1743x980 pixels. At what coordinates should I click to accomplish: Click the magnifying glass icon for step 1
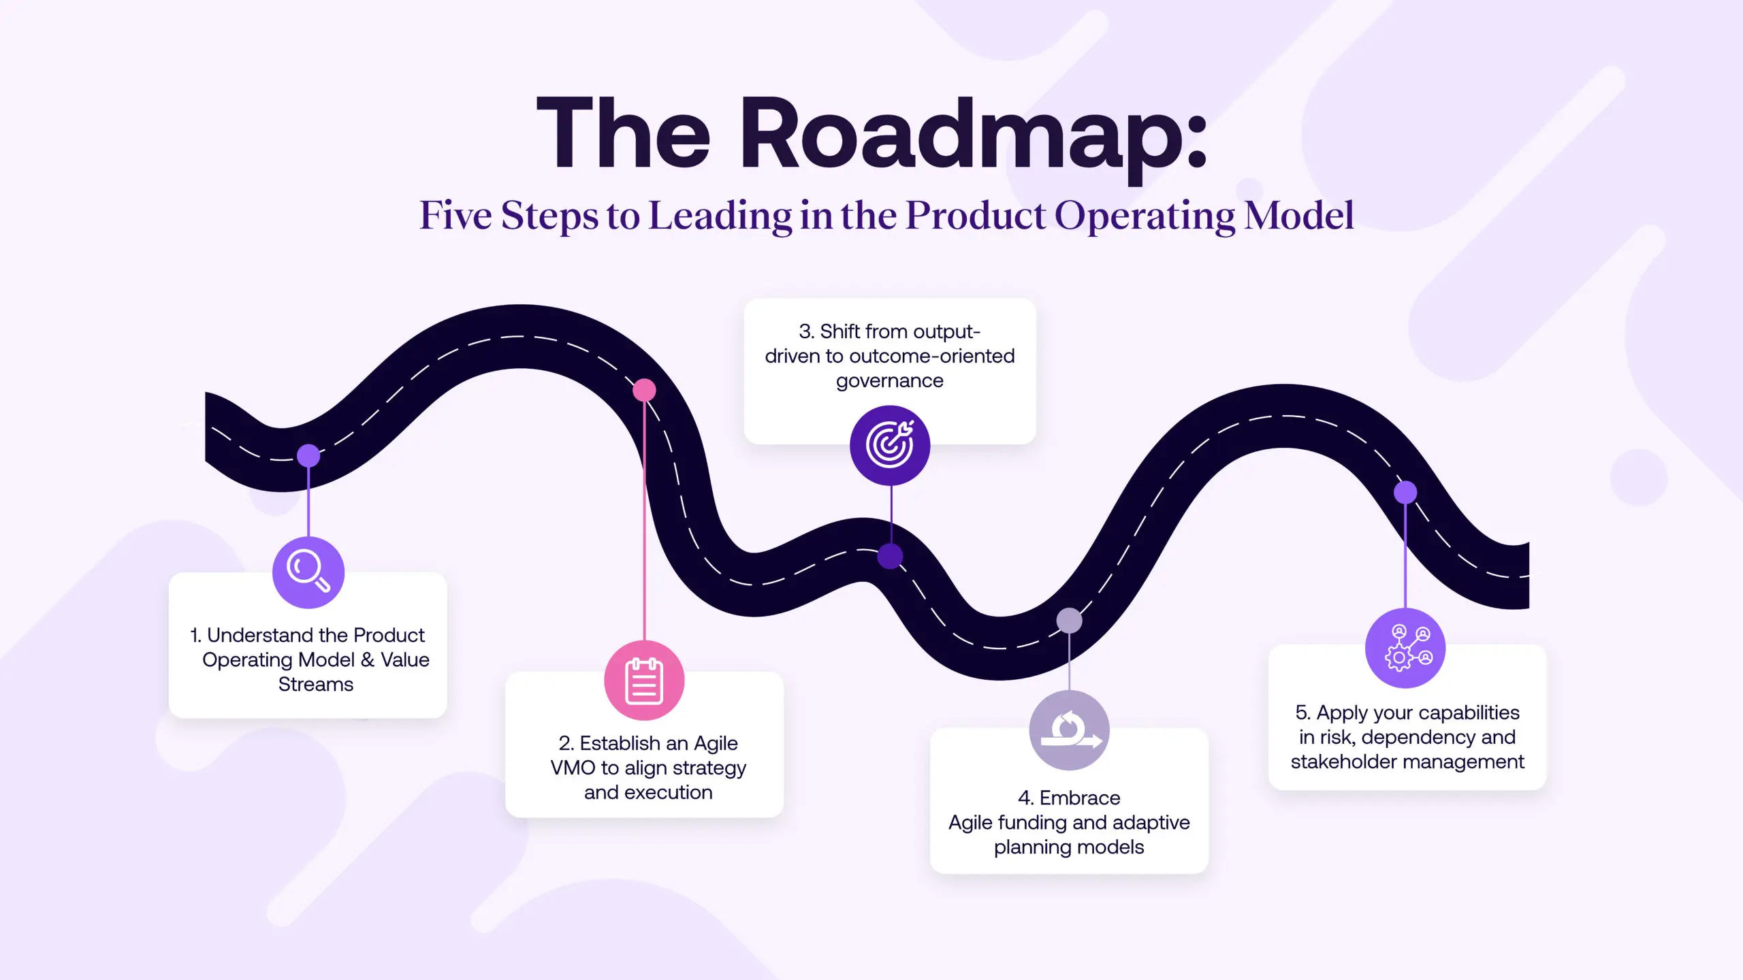pyautogui.click(x=308, y=572)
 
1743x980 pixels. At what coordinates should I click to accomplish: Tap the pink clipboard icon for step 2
pyautogui.click(x=644, y=681)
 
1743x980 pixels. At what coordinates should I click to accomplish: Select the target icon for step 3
pyautogui.click(x=890, y=446)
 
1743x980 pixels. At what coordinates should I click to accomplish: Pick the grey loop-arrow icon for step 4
pyautogui.click(x=1069, y=730)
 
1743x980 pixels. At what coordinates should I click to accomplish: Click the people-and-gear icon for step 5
pyautogui.click(x=1405, y=648)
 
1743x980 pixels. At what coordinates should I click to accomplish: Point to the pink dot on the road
pyautogui.click(x=644, y=390)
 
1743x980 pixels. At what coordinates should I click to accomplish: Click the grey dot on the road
pyautogui.click(x=1069, y=620)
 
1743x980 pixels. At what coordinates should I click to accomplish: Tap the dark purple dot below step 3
pyautogui.click(x=890, y=556)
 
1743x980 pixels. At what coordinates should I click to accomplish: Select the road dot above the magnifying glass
pyautogui.click(x=308, y=455)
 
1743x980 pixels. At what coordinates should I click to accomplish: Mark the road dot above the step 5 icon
pyautogui.click(x=1405, y=492)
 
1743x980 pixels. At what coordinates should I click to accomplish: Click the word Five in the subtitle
pyautogui.click(x=455, y=216)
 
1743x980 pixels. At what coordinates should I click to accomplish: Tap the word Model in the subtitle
pyautogui.click(x=1298, y=216)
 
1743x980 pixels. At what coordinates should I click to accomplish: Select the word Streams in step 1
pyautogui.click(x=316, y=685)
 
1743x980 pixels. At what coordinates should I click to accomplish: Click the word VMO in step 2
pyautogui.click(x=573, y=768)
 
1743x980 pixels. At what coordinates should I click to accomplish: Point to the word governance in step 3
pyautogui.click(x=890, y=381)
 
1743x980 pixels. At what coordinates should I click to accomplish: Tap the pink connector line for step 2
pyautogui.click(x=644, y=517)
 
